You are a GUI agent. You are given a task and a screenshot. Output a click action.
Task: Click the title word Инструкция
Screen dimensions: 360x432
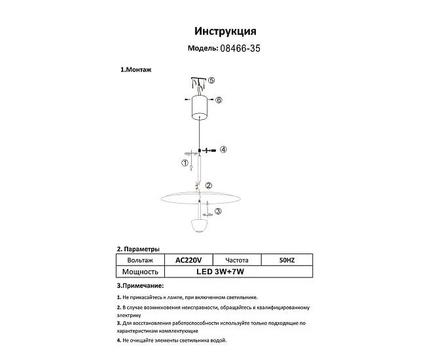point(225,31)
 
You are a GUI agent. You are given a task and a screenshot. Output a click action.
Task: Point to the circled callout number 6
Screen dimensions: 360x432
point(219,100)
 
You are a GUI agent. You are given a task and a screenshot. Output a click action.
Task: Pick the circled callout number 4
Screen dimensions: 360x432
point(223,150)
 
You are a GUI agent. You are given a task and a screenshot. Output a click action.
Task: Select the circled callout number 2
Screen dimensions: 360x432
point(208,186)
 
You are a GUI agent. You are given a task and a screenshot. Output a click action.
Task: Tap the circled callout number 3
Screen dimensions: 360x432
point(218,211)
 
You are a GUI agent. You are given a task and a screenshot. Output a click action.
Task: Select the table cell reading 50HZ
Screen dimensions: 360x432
point(287,260)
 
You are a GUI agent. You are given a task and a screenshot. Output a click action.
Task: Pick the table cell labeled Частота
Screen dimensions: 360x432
point(236,260)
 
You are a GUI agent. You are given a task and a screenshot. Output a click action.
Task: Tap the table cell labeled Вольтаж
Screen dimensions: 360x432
point(139,260)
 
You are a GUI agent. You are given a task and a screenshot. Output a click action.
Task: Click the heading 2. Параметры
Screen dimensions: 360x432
point(137,249)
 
